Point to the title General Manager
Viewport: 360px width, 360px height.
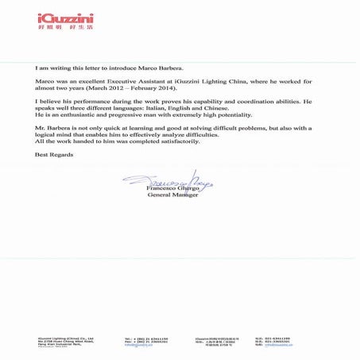(173, 195)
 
